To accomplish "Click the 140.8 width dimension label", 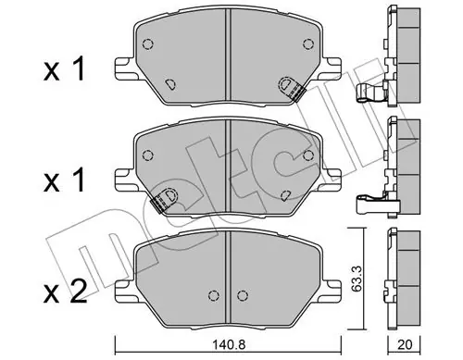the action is point(228,344).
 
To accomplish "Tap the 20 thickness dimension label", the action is point(406,344).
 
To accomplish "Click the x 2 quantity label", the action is point(65,292).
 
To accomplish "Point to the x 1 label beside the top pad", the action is point(64,69).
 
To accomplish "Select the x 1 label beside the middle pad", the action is point(64,180).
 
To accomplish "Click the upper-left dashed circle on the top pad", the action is point(148,44).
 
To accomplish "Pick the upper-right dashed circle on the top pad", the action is point(308,44).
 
